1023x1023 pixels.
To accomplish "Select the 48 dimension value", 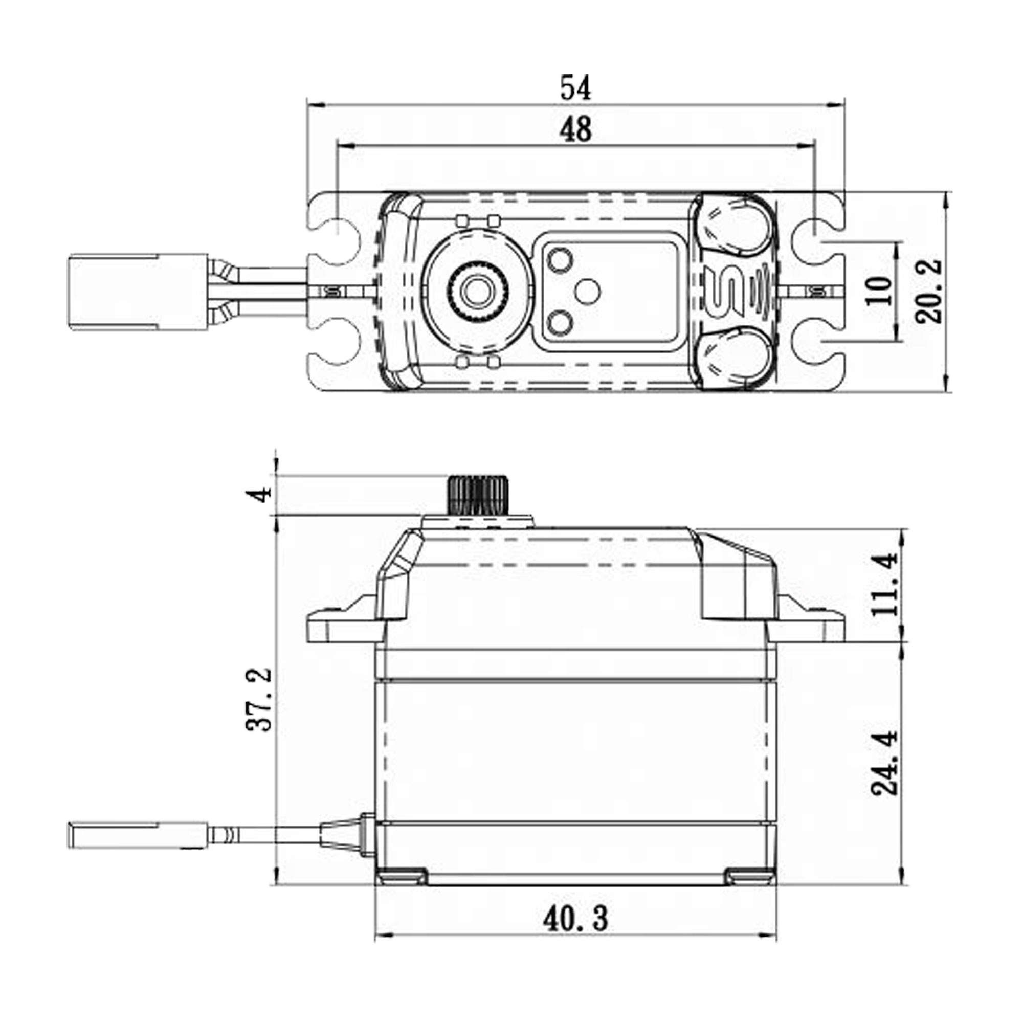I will [575, 130].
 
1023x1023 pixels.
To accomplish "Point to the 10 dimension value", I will [881, 291].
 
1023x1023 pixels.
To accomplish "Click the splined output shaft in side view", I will [478, 494].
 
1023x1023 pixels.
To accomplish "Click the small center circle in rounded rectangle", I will [587, 292].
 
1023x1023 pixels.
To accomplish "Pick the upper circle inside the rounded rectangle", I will [560, 261].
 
